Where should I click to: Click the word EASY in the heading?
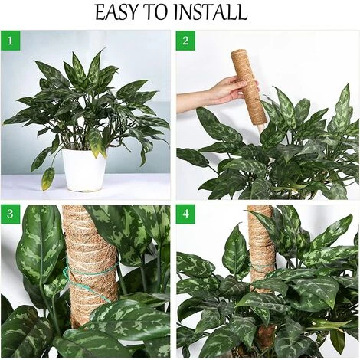click(117, 12)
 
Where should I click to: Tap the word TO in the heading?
click(156, 12)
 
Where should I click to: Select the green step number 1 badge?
click(10, 41)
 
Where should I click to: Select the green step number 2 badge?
click(185, 41)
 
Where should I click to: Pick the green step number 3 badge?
click(10, 214)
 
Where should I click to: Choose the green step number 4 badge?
click(185, 214)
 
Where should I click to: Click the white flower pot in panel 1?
click(83, 170)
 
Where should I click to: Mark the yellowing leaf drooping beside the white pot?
click(48, 178)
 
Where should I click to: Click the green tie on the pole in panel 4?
click(258, 267)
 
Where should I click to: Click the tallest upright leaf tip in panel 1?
click(105, 48)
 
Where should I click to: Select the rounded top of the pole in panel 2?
click(239, 53)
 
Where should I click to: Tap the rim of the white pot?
click(83, 150)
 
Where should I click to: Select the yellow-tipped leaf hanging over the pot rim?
click(96, 142)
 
